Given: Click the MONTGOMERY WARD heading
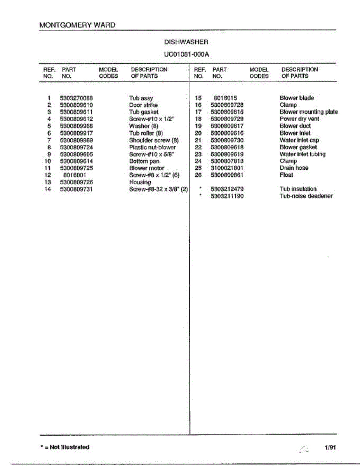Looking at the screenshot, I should pyautogui.click(x=77, y=25).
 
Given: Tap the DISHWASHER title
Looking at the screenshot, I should pyautogui.click(x=186, y=42).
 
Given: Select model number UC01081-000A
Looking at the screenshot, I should pyautogui.click(x=186, y=54).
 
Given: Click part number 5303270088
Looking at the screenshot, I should pyautogui.click(x=76, y=98).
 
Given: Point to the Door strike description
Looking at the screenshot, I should pyautogui.click(x=143, y=105).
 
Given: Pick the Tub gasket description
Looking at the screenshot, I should pyautogui.click(x=144, y=112).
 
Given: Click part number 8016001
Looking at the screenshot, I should pyautogui.click(x=74, y=175).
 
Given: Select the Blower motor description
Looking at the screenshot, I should pyautogui.click(x=146, y=168).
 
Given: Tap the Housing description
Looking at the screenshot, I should pyautogui.click(x=140, y=182).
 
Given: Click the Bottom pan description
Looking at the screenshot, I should pyautogui.click(x=144, y=161).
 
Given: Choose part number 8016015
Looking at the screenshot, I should pyautogui.click(x=225, y=98).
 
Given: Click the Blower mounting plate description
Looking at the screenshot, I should pyautogui.click(x=308, y=112).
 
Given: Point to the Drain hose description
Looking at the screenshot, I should pyautogui.click(x=294, y=168).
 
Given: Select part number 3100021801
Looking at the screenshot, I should pyautogui.click(x=227, y=168).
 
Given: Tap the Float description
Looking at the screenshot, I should pyautogui.click(x=286, y=175).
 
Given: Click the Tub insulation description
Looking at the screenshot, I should pyautogui.click(x=298, y=189).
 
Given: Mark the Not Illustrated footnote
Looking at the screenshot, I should pyautogui.click(x=65, y=447).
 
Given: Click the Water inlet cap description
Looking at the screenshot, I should pyautogui.click(x=299, y=140).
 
